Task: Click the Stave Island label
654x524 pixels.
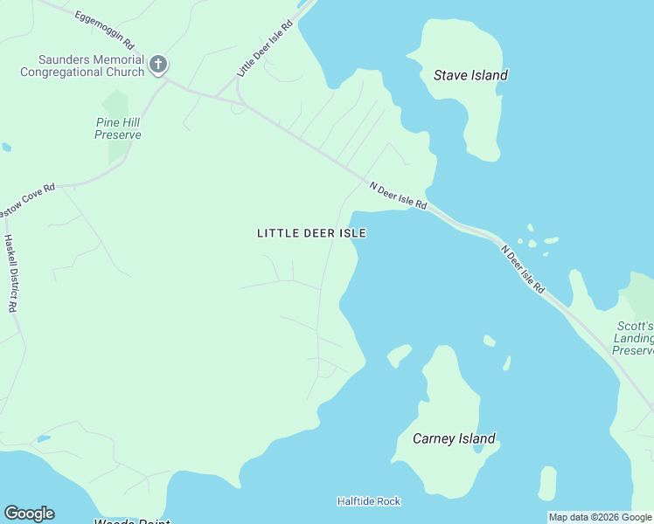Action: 470,75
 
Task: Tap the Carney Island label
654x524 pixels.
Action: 455,438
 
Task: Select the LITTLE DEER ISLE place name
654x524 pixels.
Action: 311,233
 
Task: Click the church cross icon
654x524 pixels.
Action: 158,64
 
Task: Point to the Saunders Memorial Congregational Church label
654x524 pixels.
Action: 82,65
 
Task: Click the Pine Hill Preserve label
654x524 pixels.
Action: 118,128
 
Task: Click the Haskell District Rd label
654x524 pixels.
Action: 11,273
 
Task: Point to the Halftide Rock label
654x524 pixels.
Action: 369,501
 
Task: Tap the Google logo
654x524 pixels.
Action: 29,514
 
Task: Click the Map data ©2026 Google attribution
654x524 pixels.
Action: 601,517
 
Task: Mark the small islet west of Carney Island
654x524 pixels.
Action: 399,355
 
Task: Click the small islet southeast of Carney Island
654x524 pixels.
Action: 547,483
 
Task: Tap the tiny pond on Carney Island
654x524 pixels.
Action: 477,449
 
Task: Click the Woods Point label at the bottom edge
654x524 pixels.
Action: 131,521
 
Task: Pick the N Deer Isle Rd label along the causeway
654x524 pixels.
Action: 523,269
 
